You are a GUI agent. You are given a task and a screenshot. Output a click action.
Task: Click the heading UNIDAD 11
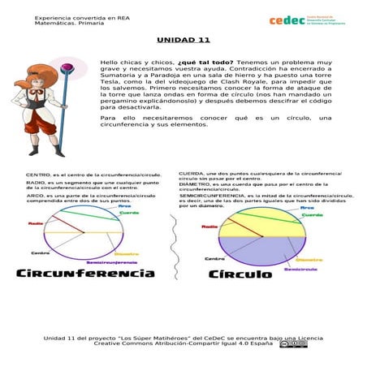pyautogui.click(x=183, y=40)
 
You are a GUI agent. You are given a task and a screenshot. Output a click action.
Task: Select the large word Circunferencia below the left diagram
pyautogui.click(x=86, y=274)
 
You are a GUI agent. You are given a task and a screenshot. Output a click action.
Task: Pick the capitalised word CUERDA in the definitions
pyautogui.click(x=192, y=173)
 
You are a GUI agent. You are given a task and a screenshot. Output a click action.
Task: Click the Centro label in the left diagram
pyautogui.click(x=40, y=253)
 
